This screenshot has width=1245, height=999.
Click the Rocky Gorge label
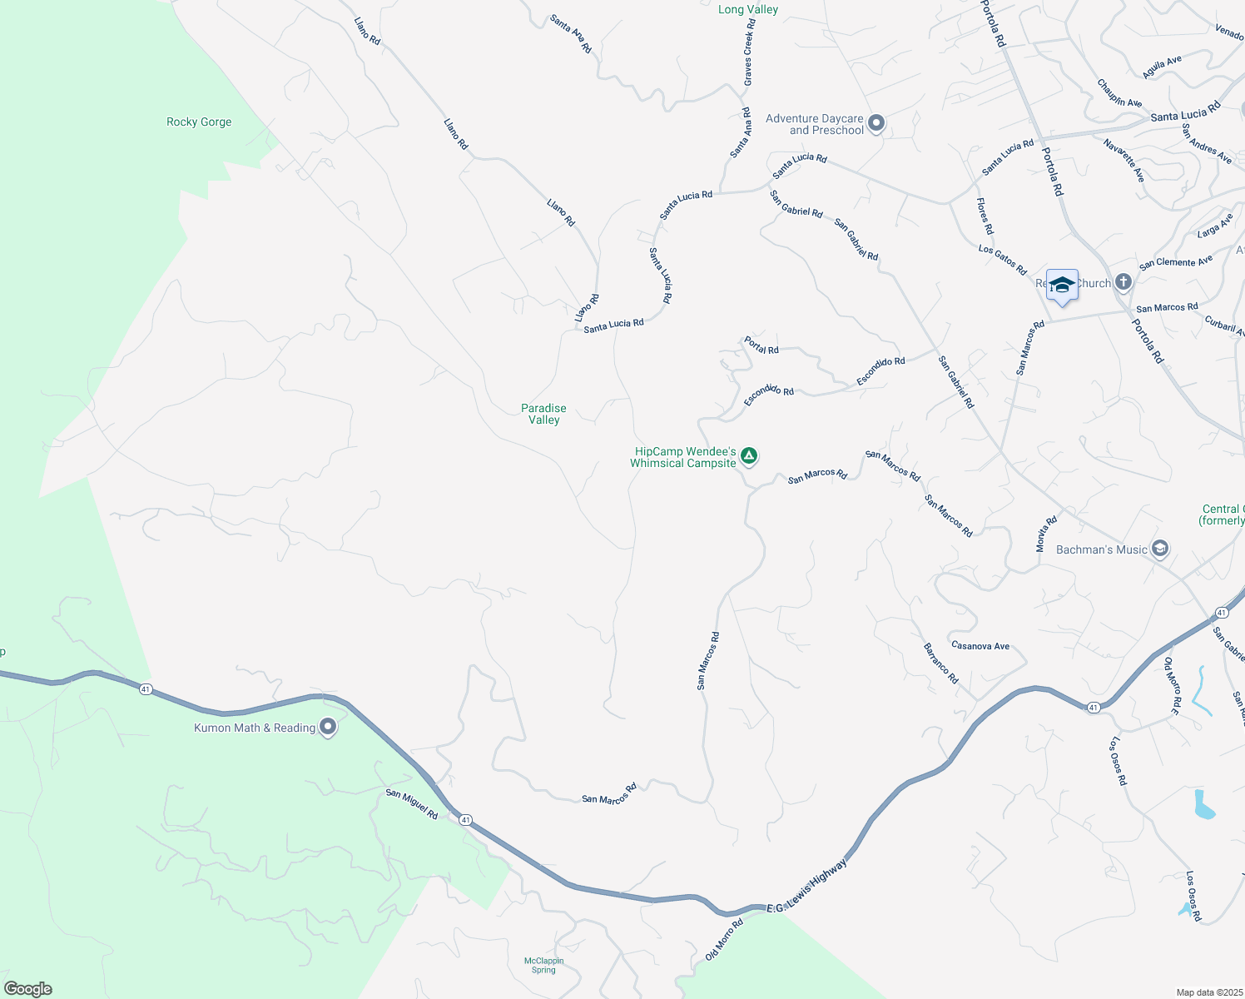(199, 122)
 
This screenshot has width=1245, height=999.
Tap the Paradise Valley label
(543, 414)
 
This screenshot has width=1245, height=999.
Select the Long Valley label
(748, 10)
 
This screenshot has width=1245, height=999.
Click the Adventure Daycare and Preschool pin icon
(875, 124)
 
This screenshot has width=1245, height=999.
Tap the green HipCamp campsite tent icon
(749, 455)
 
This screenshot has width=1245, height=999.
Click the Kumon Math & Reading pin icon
(328, 728)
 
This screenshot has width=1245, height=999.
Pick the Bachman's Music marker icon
(1160, 549)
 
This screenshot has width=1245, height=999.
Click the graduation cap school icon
(1062, 286)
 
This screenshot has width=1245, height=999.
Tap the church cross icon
(1123, 283)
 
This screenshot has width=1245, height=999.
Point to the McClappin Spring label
(543, 965)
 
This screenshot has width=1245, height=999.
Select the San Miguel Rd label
(411, 804)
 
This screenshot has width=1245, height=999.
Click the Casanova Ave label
(980, 646)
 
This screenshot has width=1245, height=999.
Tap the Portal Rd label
(761, 345)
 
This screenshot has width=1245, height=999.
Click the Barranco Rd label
(941, 664)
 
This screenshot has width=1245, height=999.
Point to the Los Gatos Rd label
(1003, 260)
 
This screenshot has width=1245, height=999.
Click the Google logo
(28, 989)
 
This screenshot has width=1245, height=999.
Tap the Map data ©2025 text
(1208, 992)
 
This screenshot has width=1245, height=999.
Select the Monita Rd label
(1046, 534)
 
